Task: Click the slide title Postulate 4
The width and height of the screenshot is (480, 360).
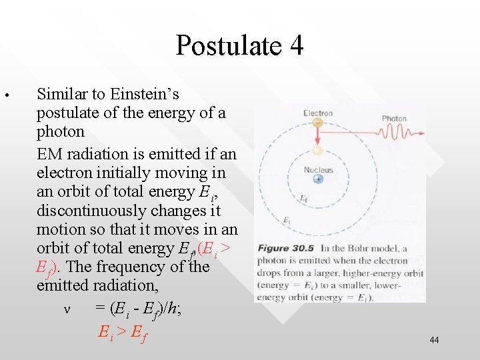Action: point(239,45)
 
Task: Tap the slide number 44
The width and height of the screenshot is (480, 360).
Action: point(434,340)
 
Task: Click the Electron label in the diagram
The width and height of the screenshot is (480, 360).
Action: point(318,113)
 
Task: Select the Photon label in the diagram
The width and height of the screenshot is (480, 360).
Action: point(394,119)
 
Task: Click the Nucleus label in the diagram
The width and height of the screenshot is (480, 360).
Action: point(318,170)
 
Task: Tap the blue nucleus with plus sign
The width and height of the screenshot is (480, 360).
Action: point(318,179)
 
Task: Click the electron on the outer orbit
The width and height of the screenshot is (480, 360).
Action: point(318,123)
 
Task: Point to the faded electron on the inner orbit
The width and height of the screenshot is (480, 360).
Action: point(318,151)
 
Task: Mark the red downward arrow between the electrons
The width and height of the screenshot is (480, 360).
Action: point(318,137)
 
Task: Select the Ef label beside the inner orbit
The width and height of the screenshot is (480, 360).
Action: point(303,199)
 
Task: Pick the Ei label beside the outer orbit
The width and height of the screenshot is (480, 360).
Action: point(287,221)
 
